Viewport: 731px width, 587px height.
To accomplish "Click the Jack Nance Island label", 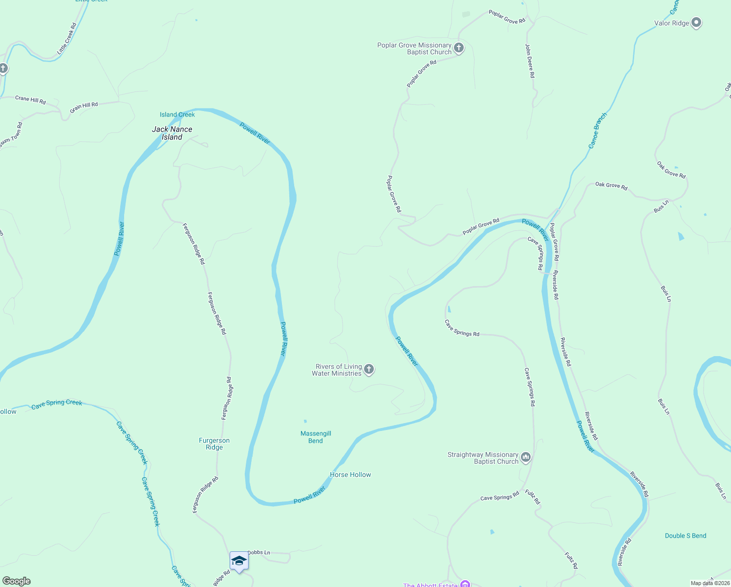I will (x=172, y=133).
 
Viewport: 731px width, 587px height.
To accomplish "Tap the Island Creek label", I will (x=177, y=114).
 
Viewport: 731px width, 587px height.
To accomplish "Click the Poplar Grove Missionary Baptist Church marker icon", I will (x=458, y=48).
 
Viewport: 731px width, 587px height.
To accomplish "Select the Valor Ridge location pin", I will (x=697, y=23).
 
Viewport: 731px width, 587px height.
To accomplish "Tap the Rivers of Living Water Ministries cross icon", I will (x=369, y=369).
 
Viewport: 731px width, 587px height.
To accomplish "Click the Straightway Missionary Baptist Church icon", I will (x=526, y=457).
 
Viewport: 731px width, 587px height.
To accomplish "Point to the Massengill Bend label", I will (x=316, y=437).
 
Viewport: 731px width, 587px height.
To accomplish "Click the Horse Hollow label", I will (x=350, y=474).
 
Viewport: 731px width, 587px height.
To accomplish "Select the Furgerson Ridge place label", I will (x=214, y=444).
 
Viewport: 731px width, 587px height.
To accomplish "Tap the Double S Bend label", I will (x=686, y=536).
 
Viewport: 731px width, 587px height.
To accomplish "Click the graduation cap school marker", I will (x=239, y=561).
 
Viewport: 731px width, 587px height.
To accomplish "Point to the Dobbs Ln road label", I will (x=258, y=552).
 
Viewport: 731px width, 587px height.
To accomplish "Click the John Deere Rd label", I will (x=530, y=61).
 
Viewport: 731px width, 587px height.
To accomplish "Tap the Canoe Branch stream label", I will (x=597, y=131).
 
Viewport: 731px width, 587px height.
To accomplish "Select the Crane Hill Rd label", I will (x=30, y=100).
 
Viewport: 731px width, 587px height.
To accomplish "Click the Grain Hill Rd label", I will (x=84, y=107).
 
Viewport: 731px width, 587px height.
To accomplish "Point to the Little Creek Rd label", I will (x=67, y=38).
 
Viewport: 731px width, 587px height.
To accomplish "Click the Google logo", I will (x=16, y=581).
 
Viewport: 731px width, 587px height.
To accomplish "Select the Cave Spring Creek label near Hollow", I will (x=57, y=404).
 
